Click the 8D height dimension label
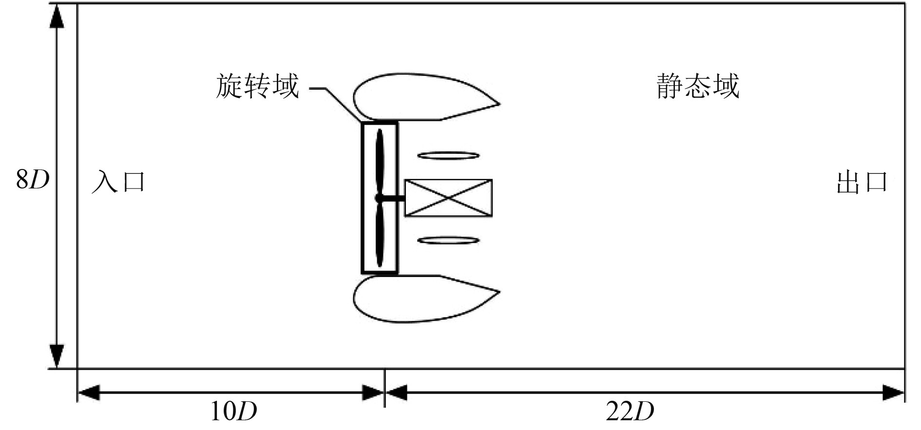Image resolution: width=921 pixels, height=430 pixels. point(33,179)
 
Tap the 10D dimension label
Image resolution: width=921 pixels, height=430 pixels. point(233,411)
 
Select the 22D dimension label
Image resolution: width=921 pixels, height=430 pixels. point(630,411)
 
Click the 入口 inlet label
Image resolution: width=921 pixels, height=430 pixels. point(118,182)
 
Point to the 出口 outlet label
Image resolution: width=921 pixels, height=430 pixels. point(862,182)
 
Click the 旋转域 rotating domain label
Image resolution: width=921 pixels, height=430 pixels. point(257,87)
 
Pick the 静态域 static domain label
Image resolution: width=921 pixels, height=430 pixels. point(698,86)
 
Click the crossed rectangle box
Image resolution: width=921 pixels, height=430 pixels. point(448,198)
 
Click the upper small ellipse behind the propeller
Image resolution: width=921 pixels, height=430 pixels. point(448,156)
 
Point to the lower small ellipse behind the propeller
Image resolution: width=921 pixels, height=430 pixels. point(448,240)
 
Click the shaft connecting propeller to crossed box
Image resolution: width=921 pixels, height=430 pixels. point(394,198)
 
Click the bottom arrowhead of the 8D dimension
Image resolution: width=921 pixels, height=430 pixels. point(57,355)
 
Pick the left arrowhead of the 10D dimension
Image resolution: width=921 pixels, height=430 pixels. point(89,392)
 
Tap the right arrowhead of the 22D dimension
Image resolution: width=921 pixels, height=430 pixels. point(894,392)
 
